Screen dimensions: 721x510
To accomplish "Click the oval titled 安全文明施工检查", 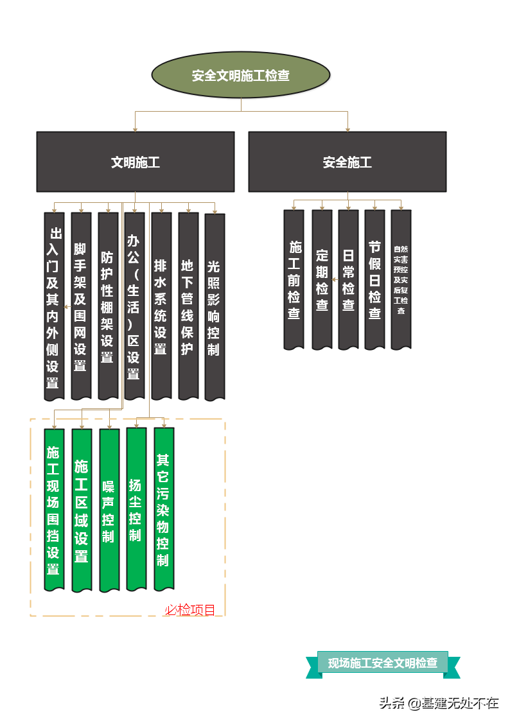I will [x=241, y=76].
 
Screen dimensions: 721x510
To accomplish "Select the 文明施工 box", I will [x=135, y=162].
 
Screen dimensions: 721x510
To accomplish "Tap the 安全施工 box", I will [x=347, y=162].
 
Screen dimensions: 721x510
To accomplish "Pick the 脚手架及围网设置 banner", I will [x=81, y=306].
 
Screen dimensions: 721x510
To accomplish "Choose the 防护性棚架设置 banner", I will [x=108, y=306].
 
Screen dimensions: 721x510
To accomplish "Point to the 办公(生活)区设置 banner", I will [x=134, y=306].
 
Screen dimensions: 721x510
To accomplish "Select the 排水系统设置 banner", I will [x=161, y=306].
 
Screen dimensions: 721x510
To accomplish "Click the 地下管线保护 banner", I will [x=188, y=306].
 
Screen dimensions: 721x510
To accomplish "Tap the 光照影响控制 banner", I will [x=214, y=306].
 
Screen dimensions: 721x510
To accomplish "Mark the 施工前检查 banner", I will [x=294, y=279].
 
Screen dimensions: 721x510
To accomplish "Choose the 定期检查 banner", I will [x=322, y=279].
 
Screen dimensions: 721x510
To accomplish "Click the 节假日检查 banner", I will [x=374, y=279].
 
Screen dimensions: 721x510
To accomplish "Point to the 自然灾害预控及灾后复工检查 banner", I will [x=401, y=279].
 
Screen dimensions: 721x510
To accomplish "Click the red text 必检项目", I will [x=190, y=610].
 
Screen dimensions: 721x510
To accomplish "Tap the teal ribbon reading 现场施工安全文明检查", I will [x=383, y=663].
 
